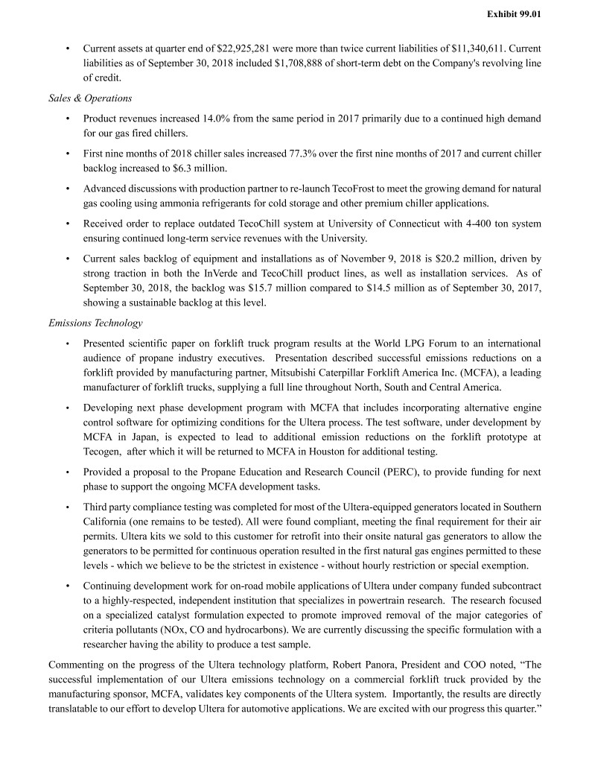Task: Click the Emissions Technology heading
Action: (95, 323)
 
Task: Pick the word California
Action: (109, 522)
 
